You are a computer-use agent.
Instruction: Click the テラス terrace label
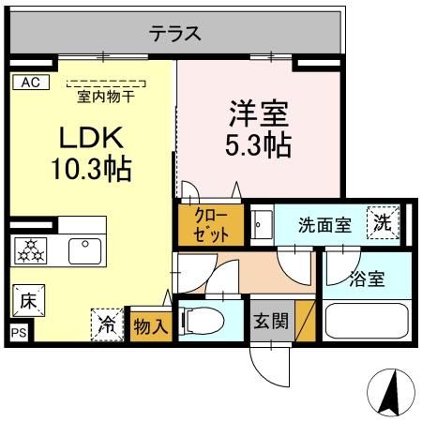pos(174,34)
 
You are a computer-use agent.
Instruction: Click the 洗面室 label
pos(324,225)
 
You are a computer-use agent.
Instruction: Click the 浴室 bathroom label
pos(367,278)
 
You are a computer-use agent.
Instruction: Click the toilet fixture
pos(203,322)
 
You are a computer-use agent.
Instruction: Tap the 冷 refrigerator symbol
pos(108,324)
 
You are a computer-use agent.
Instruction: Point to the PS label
pos(17,333)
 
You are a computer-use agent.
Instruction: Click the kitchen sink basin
pos(86,251)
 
